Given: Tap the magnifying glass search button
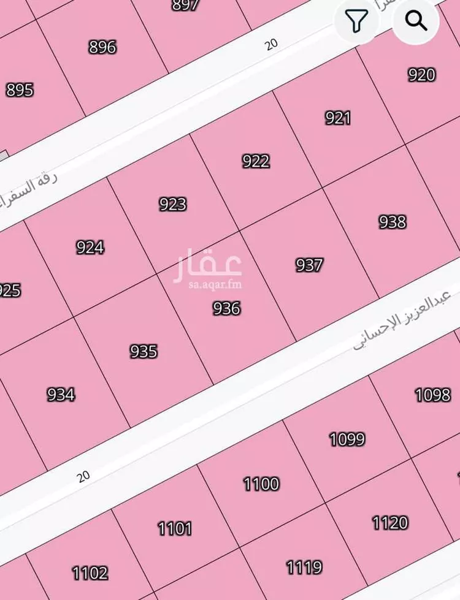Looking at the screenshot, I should [x=416, y=21].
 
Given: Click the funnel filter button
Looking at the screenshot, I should [x=356, y=21].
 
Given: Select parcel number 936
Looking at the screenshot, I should [x=226, y=308].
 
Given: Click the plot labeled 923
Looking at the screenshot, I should [x=172, y=203].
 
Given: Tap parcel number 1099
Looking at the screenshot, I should [x=347, y=439].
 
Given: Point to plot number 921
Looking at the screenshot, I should [x=338, y=118].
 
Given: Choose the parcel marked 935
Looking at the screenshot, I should [x=144, y=351].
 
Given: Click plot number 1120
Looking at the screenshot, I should [x=390, y=523].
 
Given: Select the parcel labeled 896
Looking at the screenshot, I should [x=102, y=47].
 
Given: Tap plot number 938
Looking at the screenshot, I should [x=392, y=221].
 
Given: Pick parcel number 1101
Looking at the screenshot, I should [x=175, y=528].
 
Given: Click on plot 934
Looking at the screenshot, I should [x=61, y=394].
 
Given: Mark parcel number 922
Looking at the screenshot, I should [x=256, y=161].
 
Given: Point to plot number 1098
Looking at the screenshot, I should [x=432, y=394].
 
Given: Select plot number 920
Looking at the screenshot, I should [x=421, y=75].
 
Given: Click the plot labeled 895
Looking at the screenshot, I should [x=20, y=90].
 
